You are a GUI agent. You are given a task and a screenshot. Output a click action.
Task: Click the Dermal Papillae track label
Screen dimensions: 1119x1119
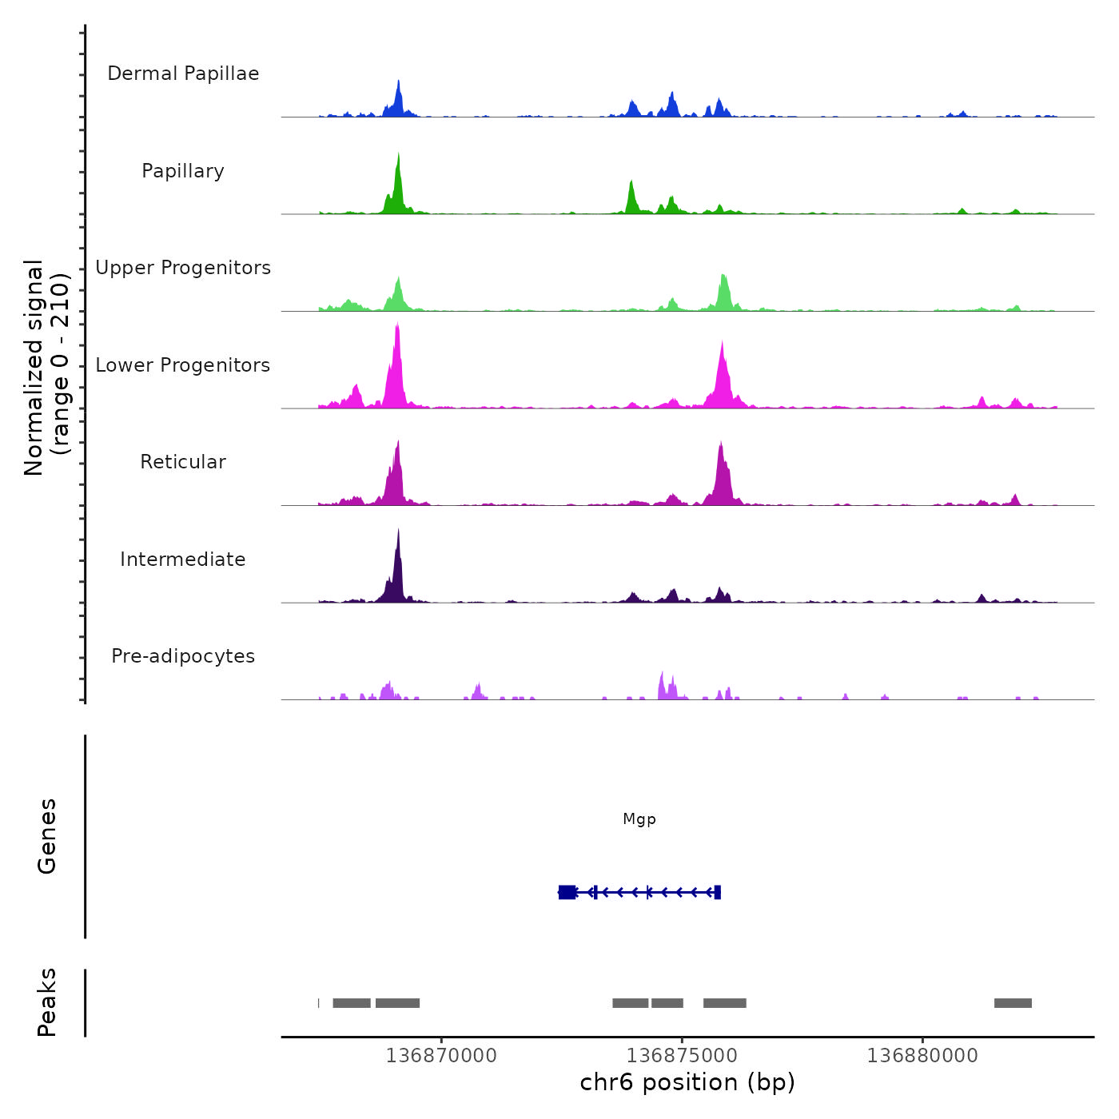pyautogui.click(x=183, y=74)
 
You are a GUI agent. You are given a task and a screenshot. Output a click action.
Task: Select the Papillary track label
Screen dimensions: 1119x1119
pyautogui.click(x=183, y=171)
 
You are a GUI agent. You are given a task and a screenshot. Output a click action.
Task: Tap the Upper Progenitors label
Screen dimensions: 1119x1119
pyautogui.click(x=183, y=268)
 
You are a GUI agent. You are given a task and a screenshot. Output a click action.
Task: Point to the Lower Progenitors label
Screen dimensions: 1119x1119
pyautogui.click(x=183, y=365)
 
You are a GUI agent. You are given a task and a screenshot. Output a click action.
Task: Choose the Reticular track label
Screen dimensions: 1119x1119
pyautogui.click(x=183, y=462)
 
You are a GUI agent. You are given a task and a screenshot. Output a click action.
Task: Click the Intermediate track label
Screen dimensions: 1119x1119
pyautogui.click(x=183, y=559)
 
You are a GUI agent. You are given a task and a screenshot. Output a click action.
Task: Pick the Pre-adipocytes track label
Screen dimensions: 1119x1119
pyautogui.click(x=183, y=656)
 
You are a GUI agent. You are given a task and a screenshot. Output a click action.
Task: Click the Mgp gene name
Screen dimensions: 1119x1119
pyautogui.click(x=639, y=819)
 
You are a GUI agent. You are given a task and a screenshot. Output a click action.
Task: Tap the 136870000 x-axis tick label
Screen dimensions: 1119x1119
pyautogui.click(x=441, y=1056)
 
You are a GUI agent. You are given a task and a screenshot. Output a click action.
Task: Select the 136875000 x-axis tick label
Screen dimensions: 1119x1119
pyautogui.click(x=682, y=1056)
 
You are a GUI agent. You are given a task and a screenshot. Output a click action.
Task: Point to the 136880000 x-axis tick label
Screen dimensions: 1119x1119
pyautogui.click(x=922, y=1056)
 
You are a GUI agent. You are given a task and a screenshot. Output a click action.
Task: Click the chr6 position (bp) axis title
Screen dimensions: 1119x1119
pyautogui.click(x=687, y=1082)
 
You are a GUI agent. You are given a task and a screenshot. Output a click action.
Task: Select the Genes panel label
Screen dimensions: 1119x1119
pyautogui.click(x=47, y=836)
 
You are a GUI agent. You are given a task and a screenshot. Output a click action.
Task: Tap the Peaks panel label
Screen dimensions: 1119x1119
pyautogui.click(x=47, y=1002)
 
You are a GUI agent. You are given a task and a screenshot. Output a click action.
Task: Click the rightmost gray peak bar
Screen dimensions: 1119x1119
pyautogui.click(x=1013, y=1003)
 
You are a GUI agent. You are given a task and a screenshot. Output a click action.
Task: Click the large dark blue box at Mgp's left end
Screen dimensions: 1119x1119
pyautogui.click(x=567, y=892)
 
